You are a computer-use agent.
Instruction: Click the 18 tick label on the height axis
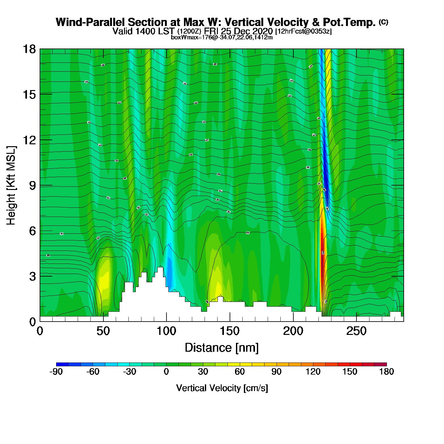pyautogui.click(x=29, y=49)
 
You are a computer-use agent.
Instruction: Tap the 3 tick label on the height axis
pyautogui.click(x=32, y=277)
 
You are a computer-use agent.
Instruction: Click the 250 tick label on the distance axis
pyautogui.click(x=356, y=331)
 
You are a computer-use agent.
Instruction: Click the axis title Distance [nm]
pyautogui.click(x=222, y=348)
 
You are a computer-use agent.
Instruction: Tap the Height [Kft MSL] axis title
pyautogui.click(x=11, y=186)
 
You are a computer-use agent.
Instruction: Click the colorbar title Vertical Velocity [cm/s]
pyautogui.click(x=222, y=388)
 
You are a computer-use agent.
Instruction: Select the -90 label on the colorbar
pyautogui.click(x=56, y=372)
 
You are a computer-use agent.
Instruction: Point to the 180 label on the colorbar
pyautogui.click(x=386, y=372)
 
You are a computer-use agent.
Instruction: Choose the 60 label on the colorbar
pyautogui.click(x=240, y=372)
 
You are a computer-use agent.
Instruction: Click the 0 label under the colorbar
pyautogui.click(x=166, y=372)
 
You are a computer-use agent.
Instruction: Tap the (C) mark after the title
pyautogui.click(x=383, y=22)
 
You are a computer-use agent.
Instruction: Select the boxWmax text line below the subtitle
pyautogui.click(x=222, y=37)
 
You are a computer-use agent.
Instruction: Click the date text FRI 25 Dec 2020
pyautogui.click(x=238, y=31)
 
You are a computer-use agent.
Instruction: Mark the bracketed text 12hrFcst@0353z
pyautogui.click(x=304, y=31)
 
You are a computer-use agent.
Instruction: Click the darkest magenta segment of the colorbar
pyautogui.click(x=380, y=364)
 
